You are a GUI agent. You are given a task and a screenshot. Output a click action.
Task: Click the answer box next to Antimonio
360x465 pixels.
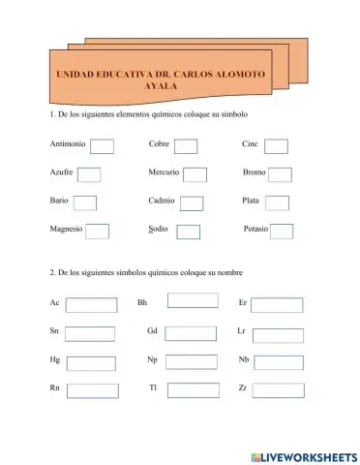102,146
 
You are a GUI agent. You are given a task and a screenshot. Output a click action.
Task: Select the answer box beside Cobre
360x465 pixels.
186,146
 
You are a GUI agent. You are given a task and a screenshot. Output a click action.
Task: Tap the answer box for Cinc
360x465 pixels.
276,146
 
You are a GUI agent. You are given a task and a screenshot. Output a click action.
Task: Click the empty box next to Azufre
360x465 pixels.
89,175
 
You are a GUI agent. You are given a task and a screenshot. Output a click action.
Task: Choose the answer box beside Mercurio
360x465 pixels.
195,175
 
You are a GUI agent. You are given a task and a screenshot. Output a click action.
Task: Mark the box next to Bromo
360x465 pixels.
280,175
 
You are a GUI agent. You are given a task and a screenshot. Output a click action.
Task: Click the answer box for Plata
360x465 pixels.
277,203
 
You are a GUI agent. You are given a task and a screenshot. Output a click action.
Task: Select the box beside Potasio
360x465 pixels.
282,231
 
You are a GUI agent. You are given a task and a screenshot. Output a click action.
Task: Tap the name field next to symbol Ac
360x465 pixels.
91,305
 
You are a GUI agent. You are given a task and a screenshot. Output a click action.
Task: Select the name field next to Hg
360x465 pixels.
91,363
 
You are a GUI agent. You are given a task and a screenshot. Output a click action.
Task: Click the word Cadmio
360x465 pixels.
162,201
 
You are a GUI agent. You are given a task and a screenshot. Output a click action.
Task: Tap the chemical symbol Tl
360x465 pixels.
152,387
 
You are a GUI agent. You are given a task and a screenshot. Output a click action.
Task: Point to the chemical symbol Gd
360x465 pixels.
152,331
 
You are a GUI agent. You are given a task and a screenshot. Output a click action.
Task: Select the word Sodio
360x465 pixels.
159,229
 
